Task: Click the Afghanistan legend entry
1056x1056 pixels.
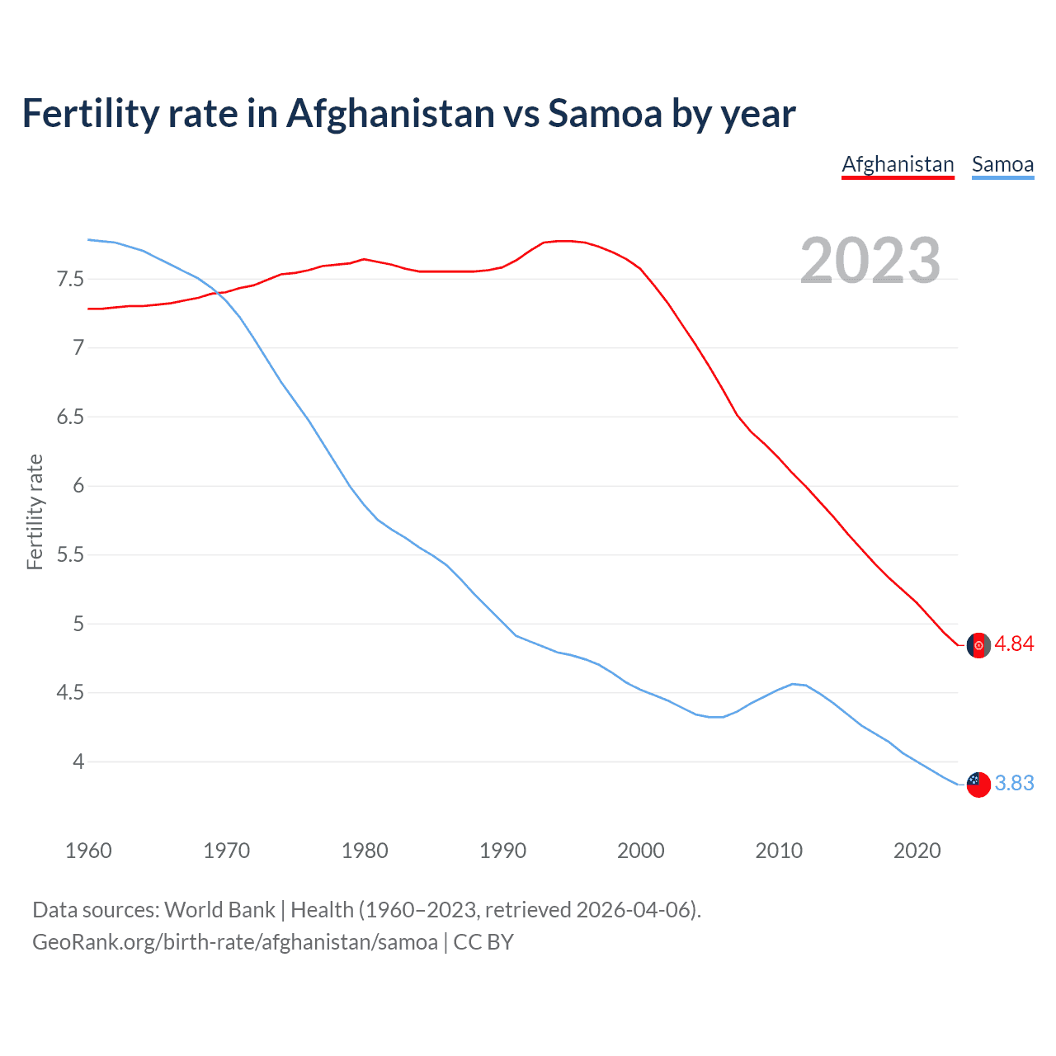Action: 898,164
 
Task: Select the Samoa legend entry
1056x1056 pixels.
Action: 1002,164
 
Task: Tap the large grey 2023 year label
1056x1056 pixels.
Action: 870,261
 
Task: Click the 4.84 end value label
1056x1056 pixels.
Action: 1014,644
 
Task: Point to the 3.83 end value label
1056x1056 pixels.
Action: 1014,783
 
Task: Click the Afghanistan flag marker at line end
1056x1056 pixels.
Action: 978,645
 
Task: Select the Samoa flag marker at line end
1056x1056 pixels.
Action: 978,784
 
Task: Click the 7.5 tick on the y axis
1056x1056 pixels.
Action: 70,279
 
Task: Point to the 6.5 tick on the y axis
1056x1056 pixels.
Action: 70,417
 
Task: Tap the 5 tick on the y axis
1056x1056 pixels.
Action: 78,624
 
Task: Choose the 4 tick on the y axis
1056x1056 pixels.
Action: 78,761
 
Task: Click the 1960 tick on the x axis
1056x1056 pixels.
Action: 88,851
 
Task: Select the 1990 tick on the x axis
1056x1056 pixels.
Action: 502,851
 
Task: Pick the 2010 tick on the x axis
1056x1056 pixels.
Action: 779,851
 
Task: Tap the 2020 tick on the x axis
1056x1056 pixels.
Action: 917,851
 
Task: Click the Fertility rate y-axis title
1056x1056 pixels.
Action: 35,511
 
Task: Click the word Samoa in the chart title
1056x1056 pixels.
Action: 605,113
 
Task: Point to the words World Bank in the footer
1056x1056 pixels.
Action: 219,910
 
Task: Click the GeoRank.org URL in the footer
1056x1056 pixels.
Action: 235,942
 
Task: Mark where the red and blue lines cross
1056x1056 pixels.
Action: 220,292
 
